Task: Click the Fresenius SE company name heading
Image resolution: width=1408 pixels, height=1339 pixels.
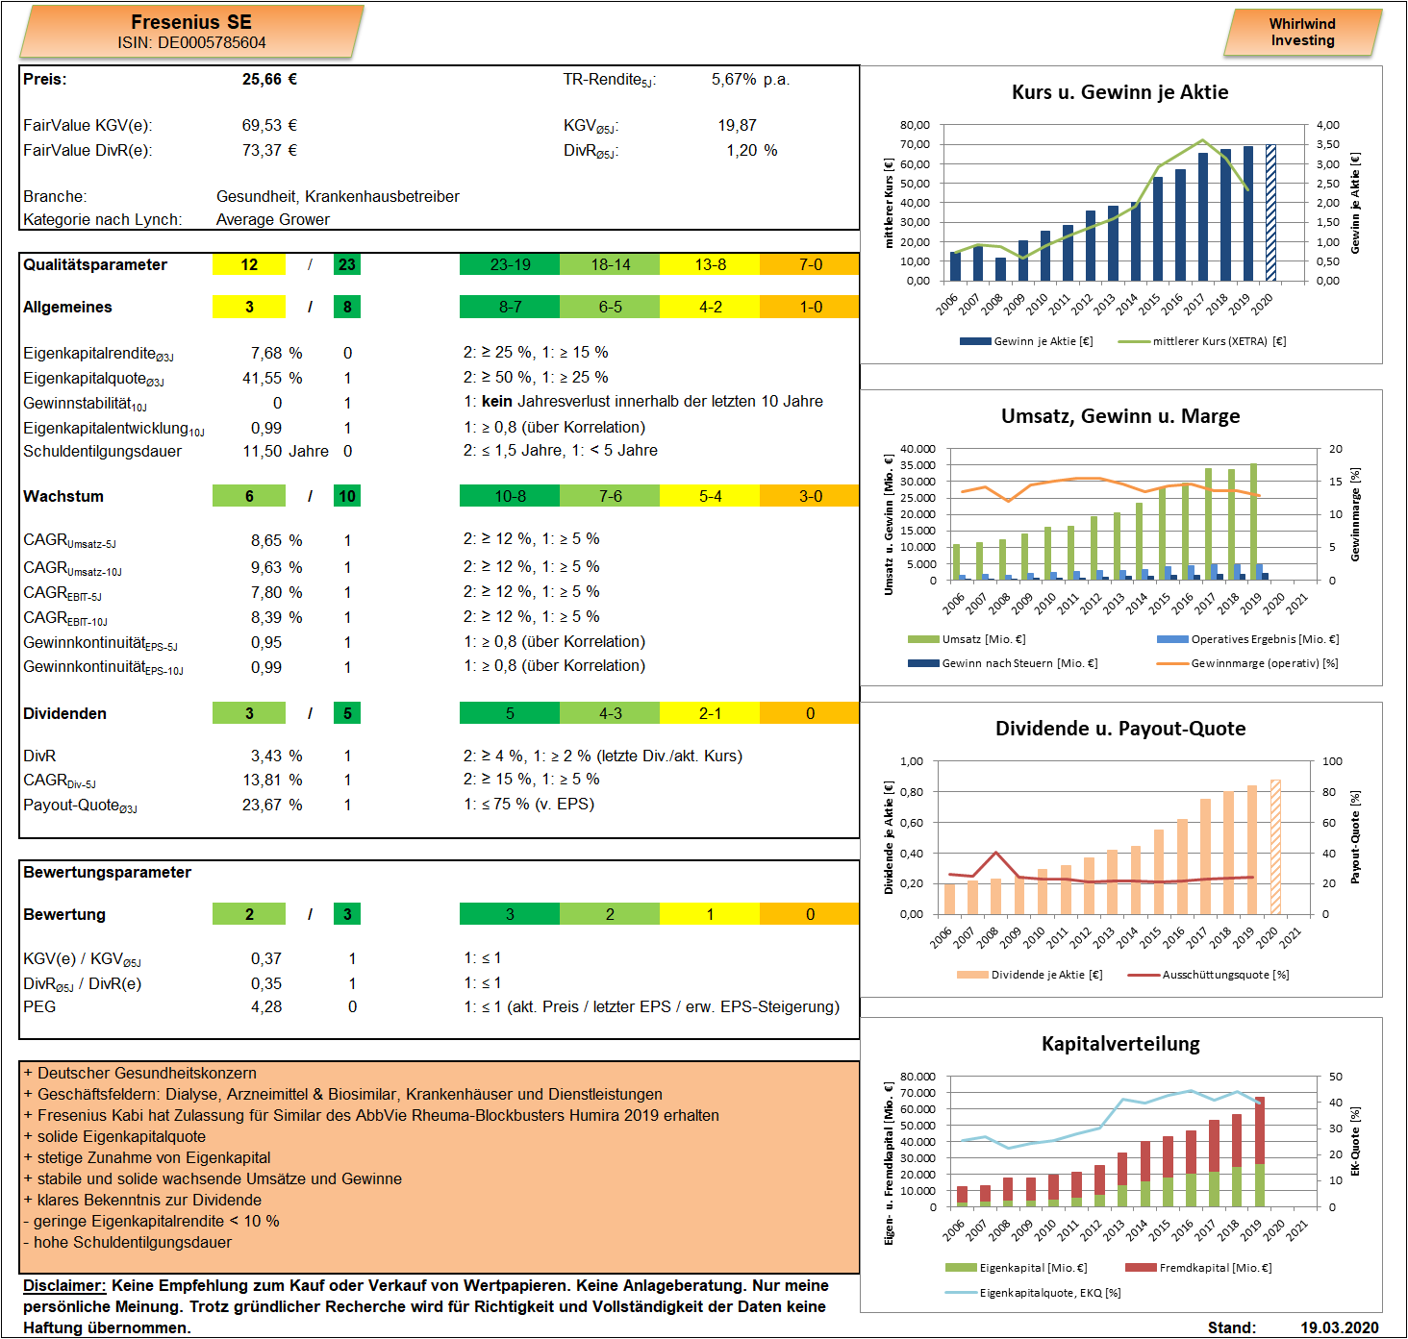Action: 191,22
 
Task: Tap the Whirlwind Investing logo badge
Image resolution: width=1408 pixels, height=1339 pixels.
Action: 1302,33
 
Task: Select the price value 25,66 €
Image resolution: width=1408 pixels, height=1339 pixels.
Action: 269,79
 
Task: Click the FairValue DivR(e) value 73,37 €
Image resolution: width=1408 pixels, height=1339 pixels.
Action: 269,150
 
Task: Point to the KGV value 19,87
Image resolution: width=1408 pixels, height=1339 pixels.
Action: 737,125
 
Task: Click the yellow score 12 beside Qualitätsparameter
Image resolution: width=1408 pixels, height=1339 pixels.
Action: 248,265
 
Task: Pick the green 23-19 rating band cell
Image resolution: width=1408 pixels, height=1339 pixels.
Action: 509,265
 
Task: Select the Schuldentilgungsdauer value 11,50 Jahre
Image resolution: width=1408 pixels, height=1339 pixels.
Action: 285,451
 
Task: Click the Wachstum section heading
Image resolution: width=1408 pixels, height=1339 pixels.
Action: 63,496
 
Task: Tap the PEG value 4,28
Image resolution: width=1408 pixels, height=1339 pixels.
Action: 266,1006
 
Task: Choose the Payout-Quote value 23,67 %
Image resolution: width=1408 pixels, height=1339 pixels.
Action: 272,805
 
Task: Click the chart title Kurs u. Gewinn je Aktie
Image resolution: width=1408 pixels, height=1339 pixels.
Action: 1119,92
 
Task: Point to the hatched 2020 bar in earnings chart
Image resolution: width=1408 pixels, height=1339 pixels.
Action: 1270,212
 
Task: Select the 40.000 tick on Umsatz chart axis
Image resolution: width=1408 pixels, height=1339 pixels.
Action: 918,449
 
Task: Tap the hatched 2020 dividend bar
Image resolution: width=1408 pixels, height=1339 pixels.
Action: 1275,847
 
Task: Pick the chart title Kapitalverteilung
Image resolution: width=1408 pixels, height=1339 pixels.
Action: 1120,1044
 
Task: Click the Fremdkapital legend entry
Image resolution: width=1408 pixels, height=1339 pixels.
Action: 1198,1268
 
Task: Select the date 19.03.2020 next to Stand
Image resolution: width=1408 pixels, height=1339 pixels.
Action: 1340,1327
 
